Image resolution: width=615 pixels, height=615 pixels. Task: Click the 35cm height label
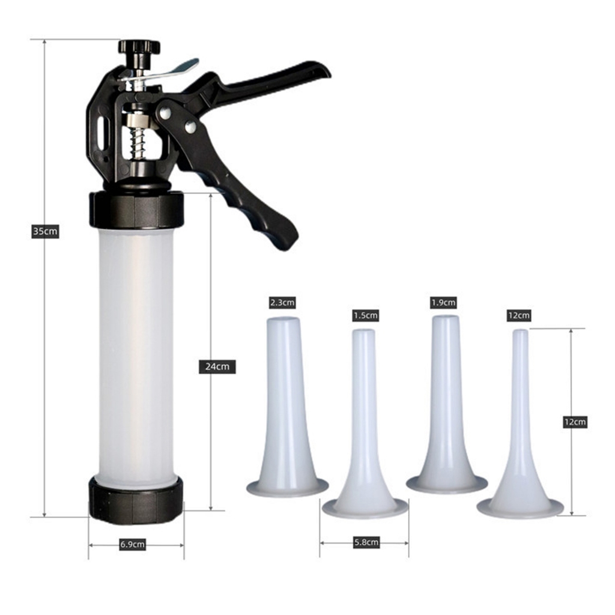point(45,231)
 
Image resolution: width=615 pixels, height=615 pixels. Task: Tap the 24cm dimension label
point(217,366)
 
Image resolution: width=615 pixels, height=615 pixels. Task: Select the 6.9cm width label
point(132,544)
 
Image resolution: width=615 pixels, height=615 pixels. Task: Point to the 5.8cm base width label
point(366,542)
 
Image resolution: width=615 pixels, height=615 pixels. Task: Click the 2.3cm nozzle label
point(282,303)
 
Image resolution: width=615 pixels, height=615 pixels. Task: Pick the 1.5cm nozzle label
point(366,315)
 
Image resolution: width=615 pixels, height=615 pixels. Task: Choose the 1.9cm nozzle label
point(443,303)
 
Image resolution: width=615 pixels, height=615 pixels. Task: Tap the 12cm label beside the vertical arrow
point(575,422)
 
